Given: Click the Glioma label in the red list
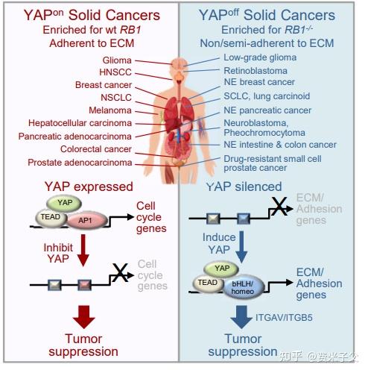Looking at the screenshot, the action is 117,60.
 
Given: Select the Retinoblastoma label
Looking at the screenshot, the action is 256,71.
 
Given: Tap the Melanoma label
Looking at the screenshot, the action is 110,110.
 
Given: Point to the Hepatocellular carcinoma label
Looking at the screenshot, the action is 80,123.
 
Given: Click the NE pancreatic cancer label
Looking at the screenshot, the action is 267,110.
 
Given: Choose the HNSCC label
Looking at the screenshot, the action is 115,72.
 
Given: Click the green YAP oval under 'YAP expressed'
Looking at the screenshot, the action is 64,203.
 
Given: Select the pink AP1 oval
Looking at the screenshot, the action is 87,220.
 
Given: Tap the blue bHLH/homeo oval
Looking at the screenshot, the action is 244,287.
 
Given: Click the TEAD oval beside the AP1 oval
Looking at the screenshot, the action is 51,217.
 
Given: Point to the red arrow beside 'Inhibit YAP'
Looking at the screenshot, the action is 83,250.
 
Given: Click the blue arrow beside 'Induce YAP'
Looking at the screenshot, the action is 241,247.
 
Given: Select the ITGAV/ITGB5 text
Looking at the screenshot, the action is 284,318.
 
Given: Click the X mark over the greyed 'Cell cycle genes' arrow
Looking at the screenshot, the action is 120,272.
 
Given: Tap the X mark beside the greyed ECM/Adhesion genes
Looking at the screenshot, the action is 279,206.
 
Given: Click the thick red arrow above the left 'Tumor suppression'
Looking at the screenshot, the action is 84,316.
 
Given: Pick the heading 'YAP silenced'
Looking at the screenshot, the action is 244,186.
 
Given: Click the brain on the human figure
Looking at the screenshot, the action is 180,64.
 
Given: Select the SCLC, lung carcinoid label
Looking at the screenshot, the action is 267,96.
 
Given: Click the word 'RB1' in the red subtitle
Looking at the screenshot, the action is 131,30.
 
